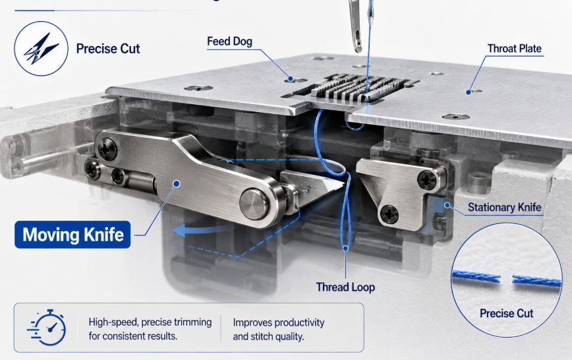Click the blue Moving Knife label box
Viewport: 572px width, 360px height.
72,235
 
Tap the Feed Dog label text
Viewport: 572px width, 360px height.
229,42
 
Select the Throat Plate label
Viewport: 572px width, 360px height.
515,49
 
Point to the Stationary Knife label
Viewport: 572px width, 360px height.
505,208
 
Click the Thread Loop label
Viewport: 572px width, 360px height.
345,287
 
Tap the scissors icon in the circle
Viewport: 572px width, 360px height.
42,49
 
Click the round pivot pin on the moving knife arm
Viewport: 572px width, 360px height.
254,204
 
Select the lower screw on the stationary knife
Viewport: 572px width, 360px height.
389,214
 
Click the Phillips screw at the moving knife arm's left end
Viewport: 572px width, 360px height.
107,149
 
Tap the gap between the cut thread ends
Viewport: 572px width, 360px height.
506,280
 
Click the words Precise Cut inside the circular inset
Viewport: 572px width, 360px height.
506,313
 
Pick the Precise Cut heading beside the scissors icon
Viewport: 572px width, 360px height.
108,49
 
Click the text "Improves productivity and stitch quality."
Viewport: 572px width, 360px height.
279,329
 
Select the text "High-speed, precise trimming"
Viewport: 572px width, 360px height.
150,322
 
